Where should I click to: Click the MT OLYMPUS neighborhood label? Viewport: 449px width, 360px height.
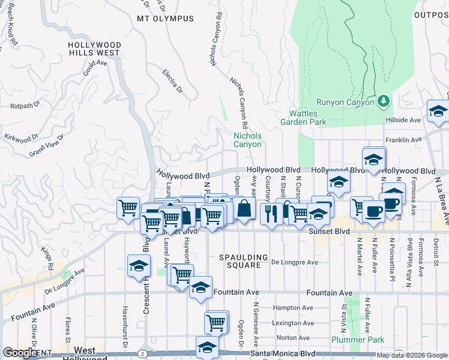tap(165, 19)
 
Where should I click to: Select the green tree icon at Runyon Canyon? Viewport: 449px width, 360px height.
tap(383, 101)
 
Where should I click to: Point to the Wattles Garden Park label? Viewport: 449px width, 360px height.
tap(307, 118)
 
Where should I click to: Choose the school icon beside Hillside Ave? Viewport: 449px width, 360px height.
tap(438, 112)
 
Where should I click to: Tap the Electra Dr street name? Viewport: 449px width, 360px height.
tap(172, 82)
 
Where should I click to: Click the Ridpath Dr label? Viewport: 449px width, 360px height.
tap(25, 105)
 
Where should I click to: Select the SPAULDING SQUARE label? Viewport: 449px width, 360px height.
tap(240, 260)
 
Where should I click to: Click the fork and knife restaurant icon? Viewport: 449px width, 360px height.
tap(271, 213)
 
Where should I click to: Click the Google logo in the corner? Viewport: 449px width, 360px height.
tap(20, 353)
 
